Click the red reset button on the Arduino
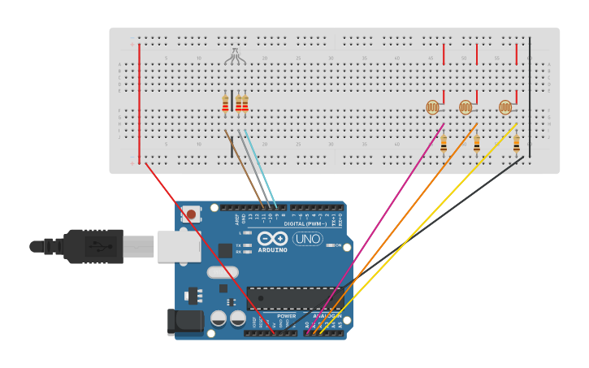(191, 214)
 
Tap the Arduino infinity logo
(272, 239)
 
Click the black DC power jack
(185, 321)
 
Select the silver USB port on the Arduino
(178, 245)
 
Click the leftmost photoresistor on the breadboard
(432, 106)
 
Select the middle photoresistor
(466, 106)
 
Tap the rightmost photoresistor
(505, 106)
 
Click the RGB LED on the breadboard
(235, 56)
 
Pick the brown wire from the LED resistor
(244, 167)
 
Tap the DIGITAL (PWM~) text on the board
(305, 223)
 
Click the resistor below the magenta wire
(444, 145)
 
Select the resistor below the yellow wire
(517, 144)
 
